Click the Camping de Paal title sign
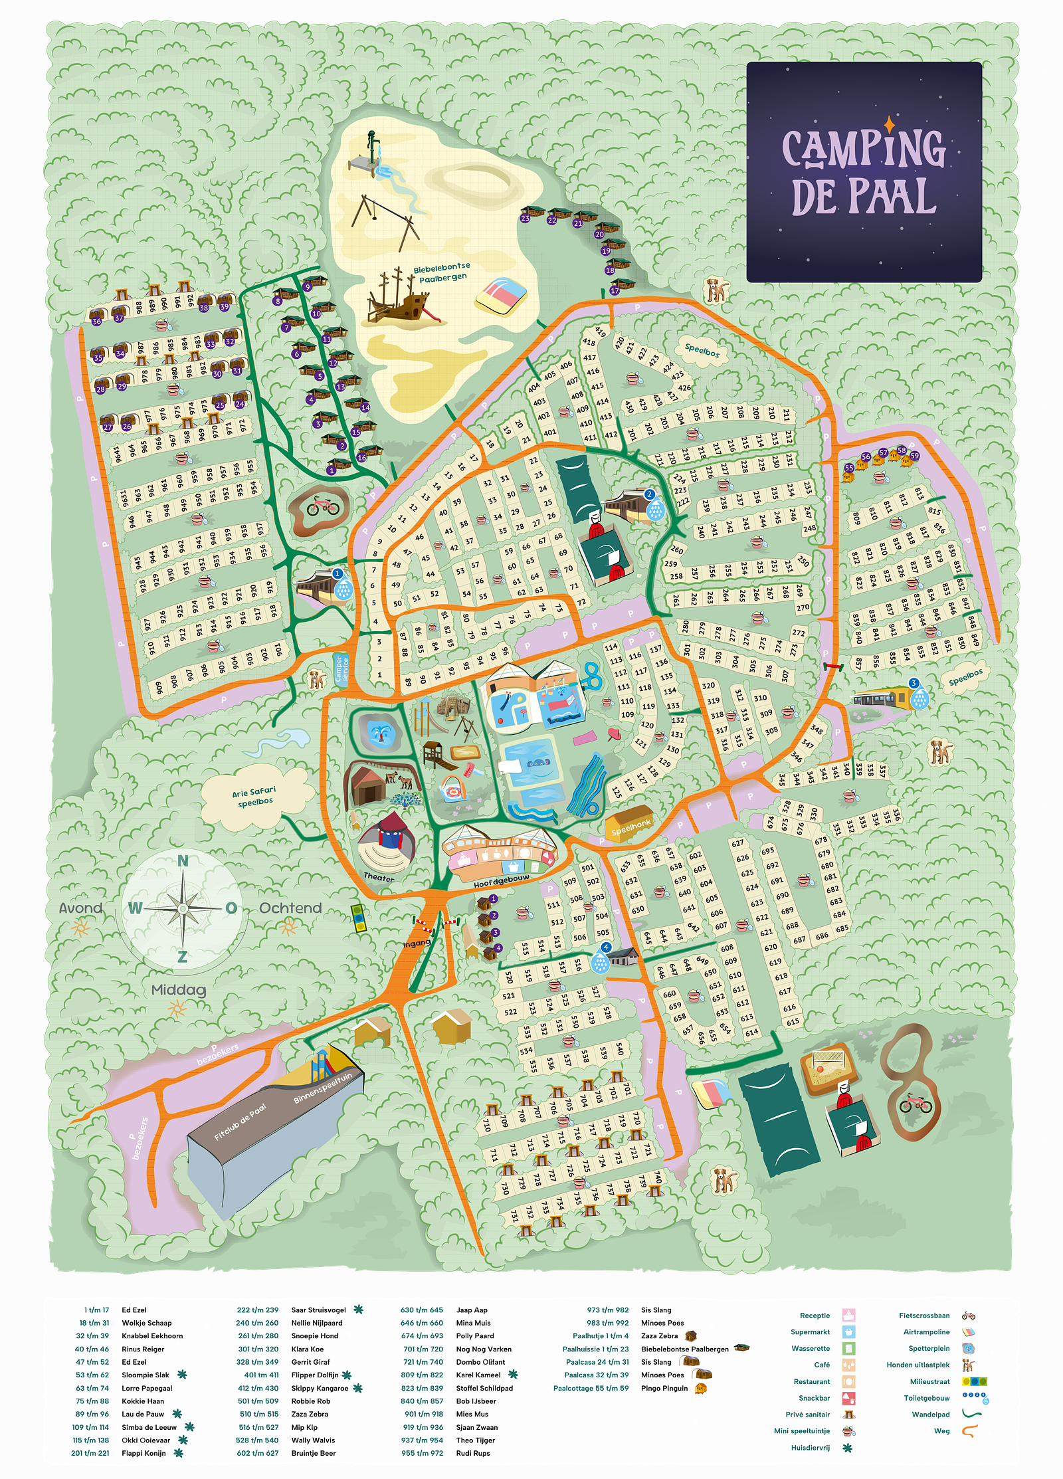tap(864, 172)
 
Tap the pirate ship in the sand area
tap(399, 300)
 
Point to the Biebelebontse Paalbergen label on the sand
tap(442, 272)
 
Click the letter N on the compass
tap(183, 861)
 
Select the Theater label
tap(379, 878)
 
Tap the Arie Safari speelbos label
tap(254, 797)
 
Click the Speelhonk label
tap(631, 826)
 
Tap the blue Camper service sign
tap(341, 670)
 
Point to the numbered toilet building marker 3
tap(914, 684)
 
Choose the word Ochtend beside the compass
tap(290, 908)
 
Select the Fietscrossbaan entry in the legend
tap(924, 1316)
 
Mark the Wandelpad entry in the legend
tap(930, 1414)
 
